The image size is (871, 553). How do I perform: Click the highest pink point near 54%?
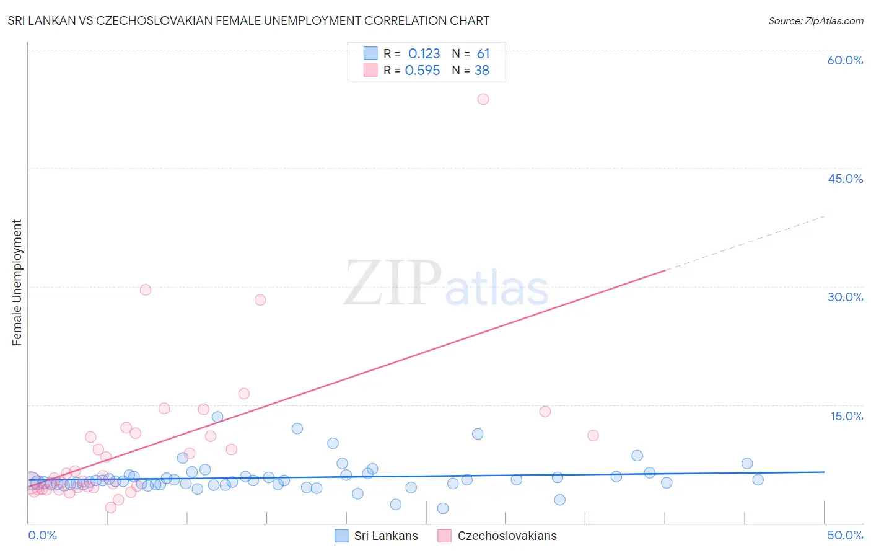coord(483,99)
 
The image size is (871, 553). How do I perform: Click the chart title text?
coord(248,21)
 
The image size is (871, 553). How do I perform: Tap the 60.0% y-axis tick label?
coord(845,60)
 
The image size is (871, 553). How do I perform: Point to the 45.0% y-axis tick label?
coord(845,179)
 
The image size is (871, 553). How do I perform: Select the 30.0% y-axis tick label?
coord(845,297)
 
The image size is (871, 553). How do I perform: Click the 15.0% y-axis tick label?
coord(846,416)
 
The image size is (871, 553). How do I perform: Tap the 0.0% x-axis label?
coord(42,535)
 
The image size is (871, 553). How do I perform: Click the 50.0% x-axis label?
coord(845,535)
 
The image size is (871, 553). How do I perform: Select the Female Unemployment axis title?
coord(17,283)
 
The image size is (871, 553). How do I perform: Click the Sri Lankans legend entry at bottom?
coord(377,536)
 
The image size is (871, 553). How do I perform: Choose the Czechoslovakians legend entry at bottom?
coord(497,536)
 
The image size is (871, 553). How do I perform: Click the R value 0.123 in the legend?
coord(424,54)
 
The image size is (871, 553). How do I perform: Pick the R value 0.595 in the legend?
coord(422,71)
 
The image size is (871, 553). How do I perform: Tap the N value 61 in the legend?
coord(483,54)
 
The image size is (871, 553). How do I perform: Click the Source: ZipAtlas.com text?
coord(815,21)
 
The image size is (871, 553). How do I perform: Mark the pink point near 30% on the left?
coord(146,290)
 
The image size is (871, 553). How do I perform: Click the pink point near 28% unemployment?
coord(260,300)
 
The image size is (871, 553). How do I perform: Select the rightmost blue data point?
coord(758,480)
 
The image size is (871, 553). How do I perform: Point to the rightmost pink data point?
coord(593,435)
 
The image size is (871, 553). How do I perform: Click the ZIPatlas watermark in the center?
coord(446,284)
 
